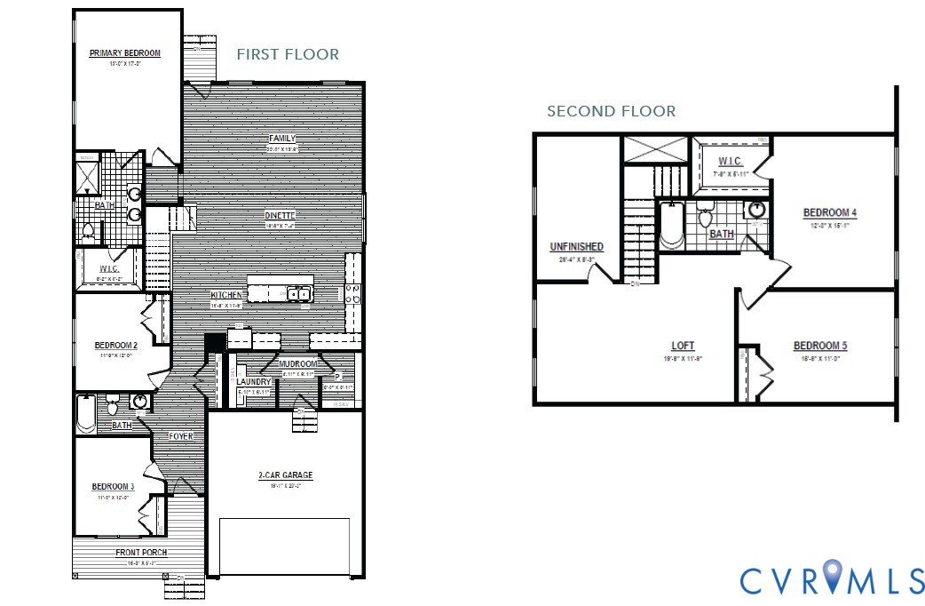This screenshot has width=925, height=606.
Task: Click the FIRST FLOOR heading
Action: tap(288, 54)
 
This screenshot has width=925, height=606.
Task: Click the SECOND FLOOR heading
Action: tap(611, 111)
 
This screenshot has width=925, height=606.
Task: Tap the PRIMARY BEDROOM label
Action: tap(125, 53)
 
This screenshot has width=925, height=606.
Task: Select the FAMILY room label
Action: tap(282, 139)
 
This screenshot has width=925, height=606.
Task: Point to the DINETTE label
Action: tap(280, 215)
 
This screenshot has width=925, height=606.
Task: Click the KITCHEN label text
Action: tap(226, 295)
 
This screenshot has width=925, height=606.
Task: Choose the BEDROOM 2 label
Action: tap(115, 346)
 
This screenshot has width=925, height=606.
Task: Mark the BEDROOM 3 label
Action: tap(113, 487)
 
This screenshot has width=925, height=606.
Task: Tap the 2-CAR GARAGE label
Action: tap(285, 475)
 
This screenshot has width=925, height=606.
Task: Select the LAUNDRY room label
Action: tap(253, 381)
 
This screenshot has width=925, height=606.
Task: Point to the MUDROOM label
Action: tap(299, 364)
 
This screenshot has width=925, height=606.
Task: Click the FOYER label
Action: tap(181, 436)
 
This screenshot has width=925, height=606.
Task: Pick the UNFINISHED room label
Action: tap(576, 247)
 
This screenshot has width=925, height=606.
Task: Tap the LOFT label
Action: tap(683, 346)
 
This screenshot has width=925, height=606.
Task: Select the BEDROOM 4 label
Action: tap(829, 213)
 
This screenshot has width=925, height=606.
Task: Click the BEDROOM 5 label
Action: tap(817, 346)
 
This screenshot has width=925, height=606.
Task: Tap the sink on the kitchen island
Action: tap(297, 292)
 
